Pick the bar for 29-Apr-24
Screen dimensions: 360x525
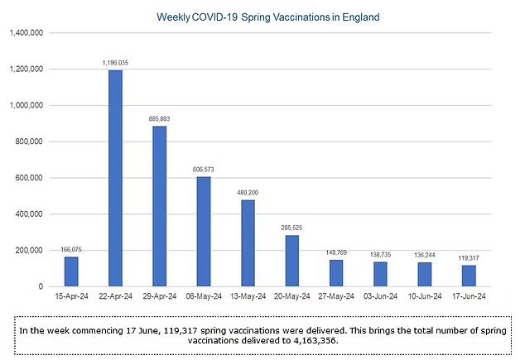(159, 206)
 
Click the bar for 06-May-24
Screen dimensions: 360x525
(203, 231)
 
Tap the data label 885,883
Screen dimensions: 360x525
(159, 119)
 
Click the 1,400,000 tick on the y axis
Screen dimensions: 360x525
(27, 33)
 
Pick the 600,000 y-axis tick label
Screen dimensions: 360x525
(31, 178)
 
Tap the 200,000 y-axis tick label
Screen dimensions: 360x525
(31, 250)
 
